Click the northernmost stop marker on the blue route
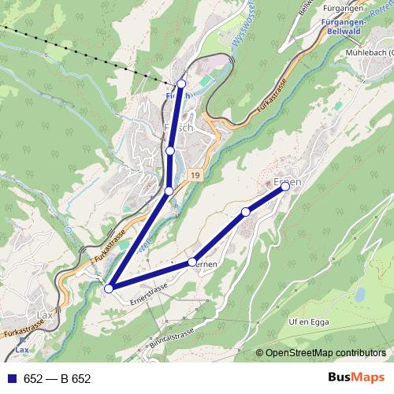click(181, 84)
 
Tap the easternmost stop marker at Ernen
click(285, 187)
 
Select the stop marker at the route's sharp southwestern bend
click(109, 288)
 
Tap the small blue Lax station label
click(22, 350)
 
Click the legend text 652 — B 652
click(58, 379)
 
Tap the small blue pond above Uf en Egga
click(360, 295)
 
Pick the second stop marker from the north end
click(170, 150)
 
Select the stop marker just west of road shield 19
click(169, 191)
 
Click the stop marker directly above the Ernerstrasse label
click(192, 262)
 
